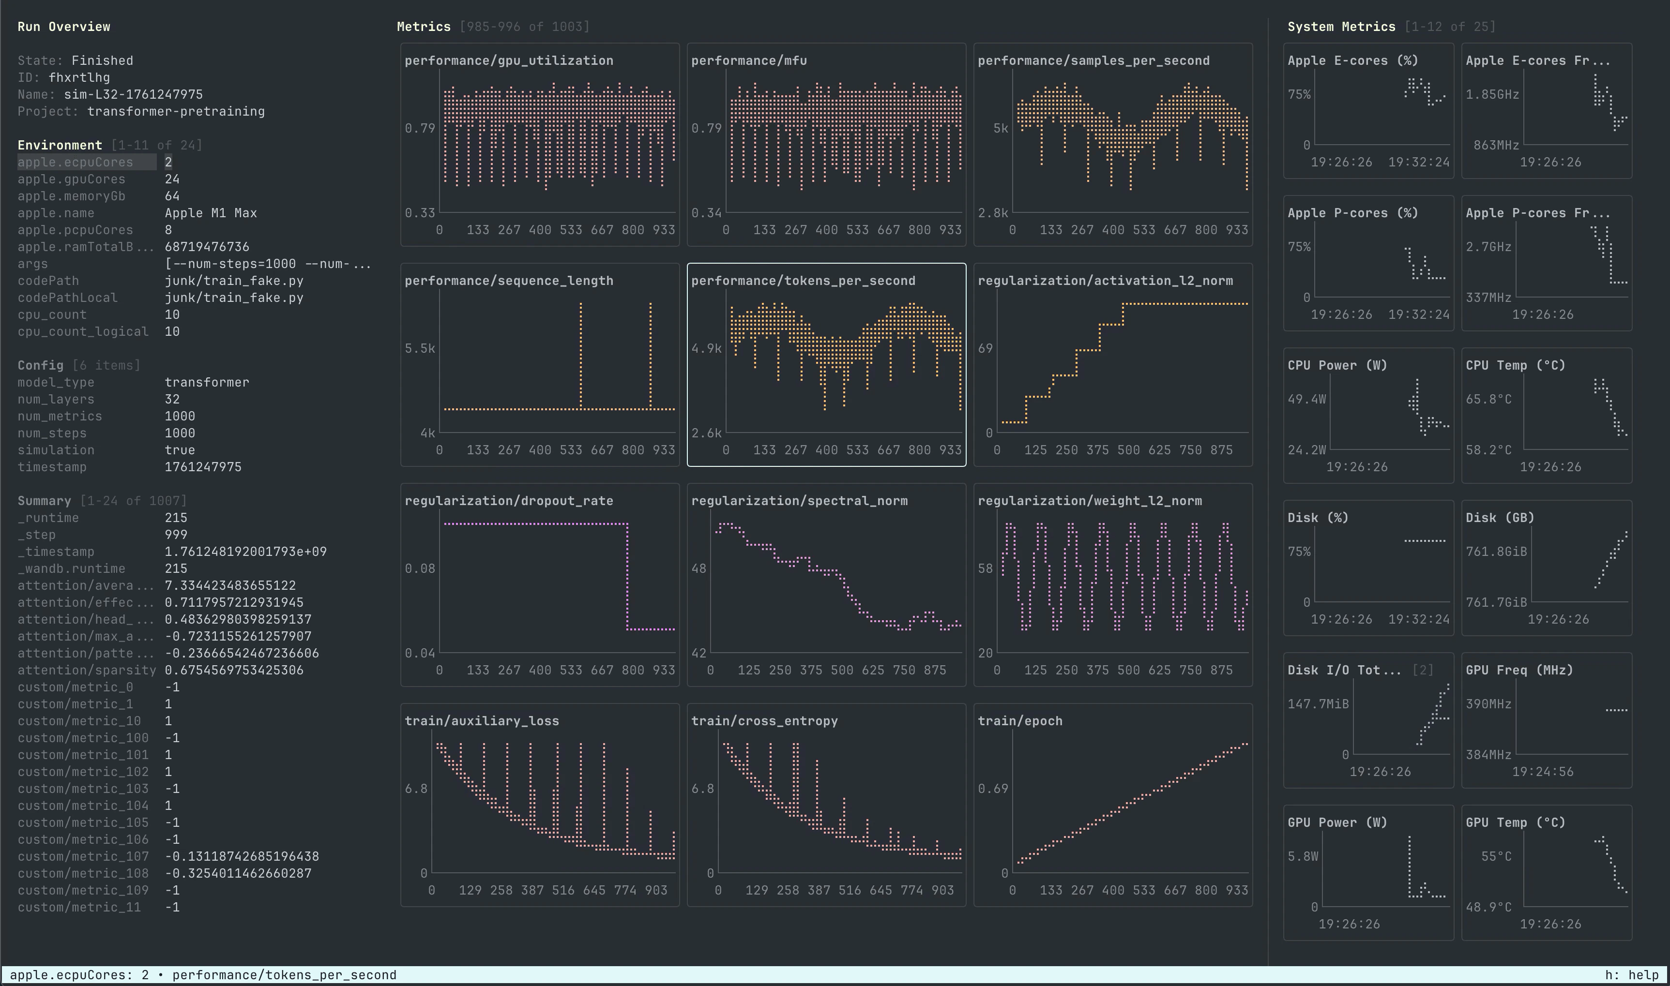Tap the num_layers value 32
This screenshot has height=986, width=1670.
click(172, 399)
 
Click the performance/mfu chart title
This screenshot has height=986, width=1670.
click(748, 60)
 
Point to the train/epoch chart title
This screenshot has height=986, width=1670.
click(1019, 721)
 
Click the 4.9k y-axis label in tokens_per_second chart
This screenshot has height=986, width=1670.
click(706, 348)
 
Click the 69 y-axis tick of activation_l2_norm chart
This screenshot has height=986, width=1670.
click(985, 348)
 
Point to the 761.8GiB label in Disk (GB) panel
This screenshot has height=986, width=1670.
click(1496, 552)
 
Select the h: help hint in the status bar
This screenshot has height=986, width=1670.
click(1631, 975)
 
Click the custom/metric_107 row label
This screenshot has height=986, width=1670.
click(83, 856)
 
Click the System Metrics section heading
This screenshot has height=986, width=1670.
click(1341, 27)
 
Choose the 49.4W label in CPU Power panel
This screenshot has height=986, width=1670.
click(1306, 399)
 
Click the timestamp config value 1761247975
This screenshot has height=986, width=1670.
click(203, 467)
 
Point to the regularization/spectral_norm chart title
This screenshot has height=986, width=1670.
click(799, 501)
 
